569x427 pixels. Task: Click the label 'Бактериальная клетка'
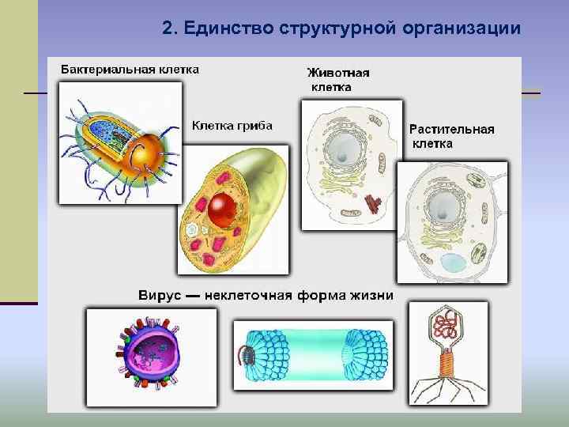[130, 69]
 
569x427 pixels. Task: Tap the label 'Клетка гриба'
[232, 125]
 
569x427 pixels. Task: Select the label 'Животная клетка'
[337, 79]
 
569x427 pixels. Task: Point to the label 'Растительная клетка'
[451, 136]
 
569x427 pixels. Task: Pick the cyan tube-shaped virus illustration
[315, 356]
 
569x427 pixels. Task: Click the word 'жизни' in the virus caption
[372, 296]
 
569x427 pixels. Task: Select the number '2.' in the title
[171, 29]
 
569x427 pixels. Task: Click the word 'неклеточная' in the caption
[248, 296]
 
